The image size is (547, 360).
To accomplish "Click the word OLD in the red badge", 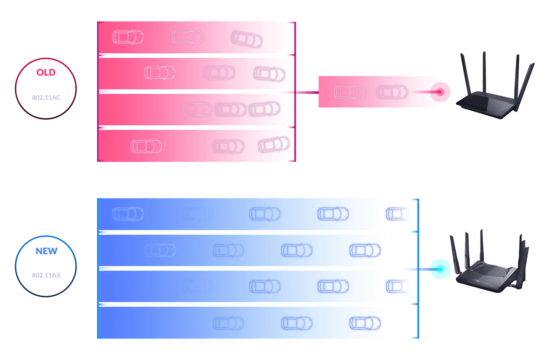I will click(46, 72).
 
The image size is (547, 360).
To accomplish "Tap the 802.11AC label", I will click(46, 98).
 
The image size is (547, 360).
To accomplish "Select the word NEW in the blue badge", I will click(46, 251).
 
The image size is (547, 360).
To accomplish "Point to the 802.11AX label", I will click(46, 275).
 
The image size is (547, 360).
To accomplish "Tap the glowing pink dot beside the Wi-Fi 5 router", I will click(440, 92).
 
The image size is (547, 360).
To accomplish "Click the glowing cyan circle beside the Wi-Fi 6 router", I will click(440, 269).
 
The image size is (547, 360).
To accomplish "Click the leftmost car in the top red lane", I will click(128, 36).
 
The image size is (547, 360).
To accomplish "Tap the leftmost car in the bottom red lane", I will click(146, 146).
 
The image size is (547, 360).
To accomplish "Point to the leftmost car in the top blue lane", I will click(128, 213).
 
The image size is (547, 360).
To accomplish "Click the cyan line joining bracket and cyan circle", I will click(417, 269).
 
